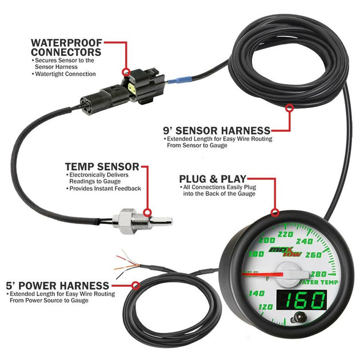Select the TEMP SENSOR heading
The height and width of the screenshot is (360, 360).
(x=102, y=166)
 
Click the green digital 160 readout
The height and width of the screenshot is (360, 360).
(x=305, y=300)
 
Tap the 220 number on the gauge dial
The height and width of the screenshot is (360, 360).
(x=284, y=234)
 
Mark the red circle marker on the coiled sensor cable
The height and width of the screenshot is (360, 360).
(x=290, y=106)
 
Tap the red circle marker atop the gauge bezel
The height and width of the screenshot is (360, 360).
(x=275, y=213)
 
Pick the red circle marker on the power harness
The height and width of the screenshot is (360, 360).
(x=135, y=284)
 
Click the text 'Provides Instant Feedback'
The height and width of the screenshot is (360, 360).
(x=105, y=188)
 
